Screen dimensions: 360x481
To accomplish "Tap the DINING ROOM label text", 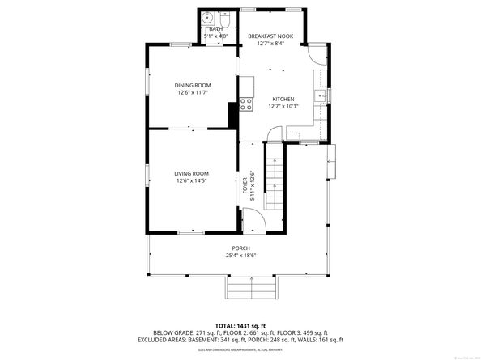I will (x=193, y=85).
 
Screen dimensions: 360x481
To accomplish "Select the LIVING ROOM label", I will (x=191, y=173).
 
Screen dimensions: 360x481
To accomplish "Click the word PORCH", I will (x=240, y=248).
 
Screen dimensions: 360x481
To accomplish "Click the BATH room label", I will (x=215, y=29).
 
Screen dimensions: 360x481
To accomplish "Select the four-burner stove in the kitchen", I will (x=245, y=102).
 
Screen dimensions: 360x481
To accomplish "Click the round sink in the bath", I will (x=207, y=16).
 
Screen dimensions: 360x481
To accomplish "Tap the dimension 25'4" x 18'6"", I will (x=240, y=256).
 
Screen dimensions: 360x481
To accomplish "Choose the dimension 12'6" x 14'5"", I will (x=191, y=180).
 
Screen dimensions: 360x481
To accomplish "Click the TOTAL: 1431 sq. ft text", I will (x=240, y=324).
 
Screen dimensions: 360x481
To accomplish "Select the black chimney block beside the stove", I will (x=234, y=116).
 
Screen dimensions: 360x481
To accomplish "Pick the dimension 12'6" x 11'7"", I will (x=193, y=92).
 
